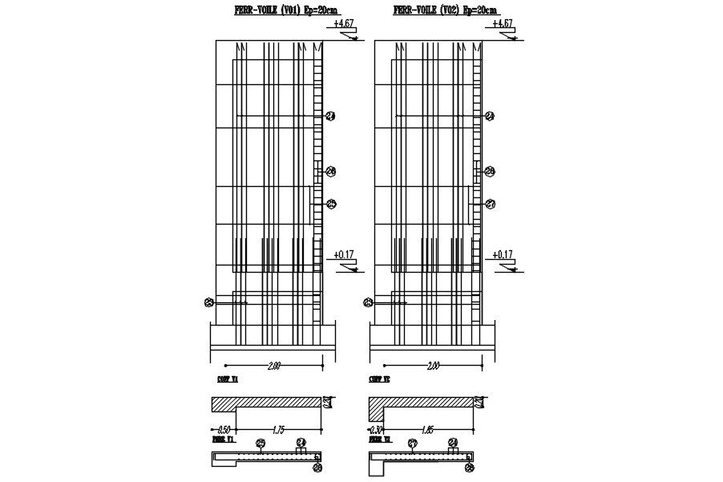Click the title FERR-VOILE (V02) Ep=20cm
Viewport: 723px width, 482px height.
tap(445, 10)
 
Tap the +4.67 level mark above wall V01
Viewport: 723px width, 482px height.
tap(345, 24)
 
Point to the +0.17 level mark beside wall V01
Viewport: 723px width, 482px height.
tap(345, 255)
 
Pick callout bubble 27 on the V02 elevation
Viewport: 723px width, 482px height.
tap(491, 204)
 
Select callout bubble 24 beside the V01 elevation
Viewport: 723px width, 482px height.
tap(330, 117)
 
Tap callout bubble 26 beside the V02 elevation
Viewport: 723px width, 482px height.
tap(491, 171)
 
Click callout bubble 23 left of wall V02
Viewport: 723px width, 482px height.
tap(368, 302)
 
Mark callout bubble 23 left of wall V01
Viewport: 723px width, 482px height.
tap(208, 302)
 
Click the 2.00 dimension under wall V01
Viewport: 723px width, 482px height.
tap(273, 367)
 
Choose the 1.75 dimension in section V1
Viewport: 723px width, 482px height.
tap(278, 431)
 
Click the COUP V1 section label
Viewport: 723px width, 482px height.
tap(228, 379)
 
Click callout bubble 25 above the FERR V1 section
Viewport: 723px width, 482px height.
tap(261, 443)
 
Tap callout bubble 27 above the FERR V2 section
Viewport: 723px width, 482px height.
tap(413, 443)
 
